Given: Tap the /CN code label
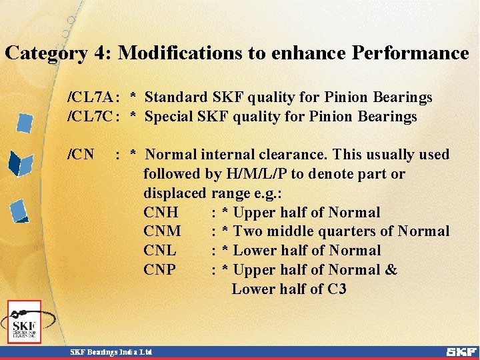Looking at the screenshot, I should click(x=81, y=155).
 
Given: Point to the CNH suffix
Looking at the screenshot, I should click(x=161, y=213).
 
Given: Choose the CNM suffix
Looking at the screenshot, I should click(x=162, y=231).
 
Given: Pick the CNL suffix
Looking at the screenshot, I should click(x=160, y=251).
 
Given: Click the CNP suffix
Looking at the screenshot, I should click(x=159, y=270).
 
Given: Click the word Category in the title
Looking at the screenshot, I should click(x=45, y=53).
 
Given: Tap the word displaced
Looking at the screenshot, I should click(x=175, y=193).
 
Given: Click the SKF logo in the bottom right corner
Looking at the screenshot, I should click(x=461, y=351).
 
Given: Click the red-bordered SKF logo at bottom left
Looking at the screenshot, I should click(x=25, y=322).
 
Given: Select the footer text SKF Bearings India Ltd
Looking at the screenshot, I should click(x=111, y=351).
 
